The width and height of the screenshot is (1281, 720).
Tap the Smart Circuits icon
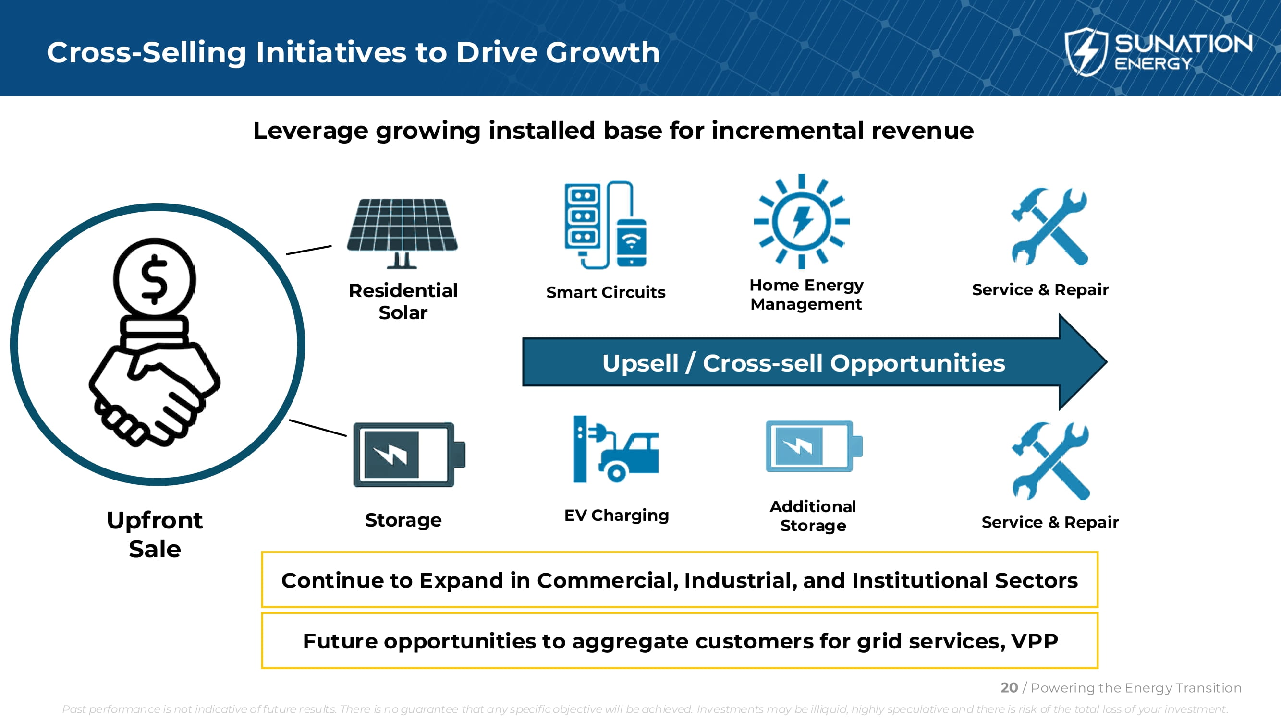[x=606, y=225]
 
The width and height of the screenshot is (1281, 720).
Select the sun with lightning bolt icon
[x=802, y=222]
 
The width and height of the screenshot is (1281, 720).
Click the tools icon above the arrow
[x=1049, y=227]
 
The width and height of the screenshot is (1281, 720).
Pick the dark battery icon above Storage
[x=409, y=455]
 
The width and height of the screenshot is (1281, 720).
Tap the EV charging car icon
[x=616, y=449]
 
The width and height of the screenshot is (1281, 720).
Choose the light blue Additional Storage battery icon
[x=814, y=446]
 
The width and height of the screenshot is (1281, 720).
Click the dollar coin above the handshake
[x=155, y=279]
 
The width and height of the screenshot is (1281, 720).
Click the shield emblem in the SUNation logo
[x=1086, y=52]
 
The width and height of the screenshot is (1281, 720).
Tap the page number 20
[x=1009, y=688]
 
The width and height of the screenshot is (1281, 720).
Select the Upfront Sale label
[x=155, y=535]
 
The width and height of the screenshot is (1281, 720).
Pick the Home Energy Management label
[x=806, y=294]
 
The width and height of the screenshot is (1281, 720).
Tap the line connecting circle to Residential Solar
[x=309, y=250]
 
